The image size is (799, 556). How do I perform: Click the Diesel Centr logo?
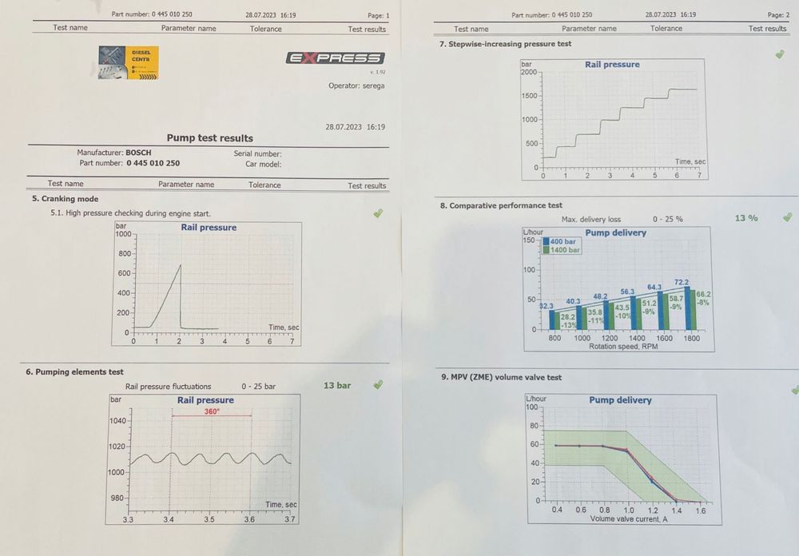pyautogui.click(x=128, y=63)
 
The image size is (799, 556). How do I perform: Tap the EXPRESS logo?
pyautogui.click(x=335, y=58)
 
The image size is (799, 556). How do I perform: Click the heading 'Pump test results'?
pyautogui.click(x=210, y=138)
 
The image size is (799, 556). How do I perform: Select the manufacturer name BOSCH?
pyautogui.click(x=138, y=153)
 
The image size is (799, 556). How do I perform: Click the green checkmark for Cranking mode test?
pyautogui.click(x=378, y=213)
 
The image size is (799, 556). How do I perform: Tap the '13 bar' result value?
pyautogui.click(x=337, y=386)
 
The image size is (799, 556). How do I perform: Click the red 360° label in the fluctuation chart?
pyautogui.click(x=212, y=412)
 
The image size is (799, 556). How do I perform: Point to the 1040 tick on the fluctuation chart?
pyautogui.click(x=117, y=420)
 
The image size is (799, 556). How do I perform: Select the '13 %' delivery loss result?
pyautogui.click(x=746, y=218)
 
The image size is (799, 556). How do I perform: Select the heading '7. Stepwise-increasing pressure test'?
pyautogui.click(x=505, y=45)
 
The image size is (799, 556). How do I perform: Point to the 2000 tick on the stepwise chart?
pyautogui.click(x=530, y=72)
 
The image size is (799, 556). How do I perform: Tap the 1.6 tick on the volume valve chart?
pyautogui.click(x=701, y=510)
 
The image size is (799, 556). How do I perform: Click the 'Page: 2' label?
pyautogui.click(x=778, y=15)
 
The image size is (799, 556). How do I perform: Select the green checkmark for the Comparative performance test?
pyautogui.click(x=787, y=217)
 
